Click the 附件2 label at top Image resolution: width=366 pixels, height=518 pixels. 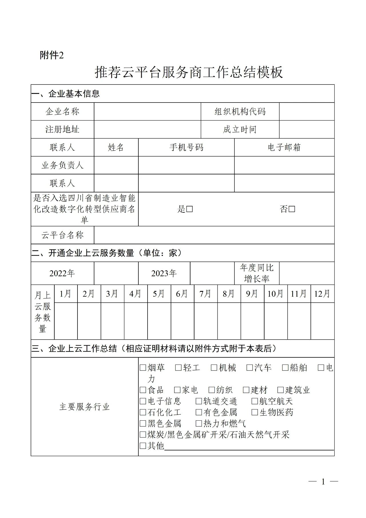(51, 55)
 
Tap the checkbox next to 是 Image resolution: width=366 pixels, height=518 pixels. (189, 209)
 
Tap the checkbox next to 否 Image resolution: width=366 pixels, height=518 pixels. (292, 209)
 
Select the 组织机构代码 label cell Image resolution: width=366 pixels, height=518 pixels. (240, 111)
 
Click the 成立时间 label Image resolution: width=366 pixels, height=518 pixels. (240, 129)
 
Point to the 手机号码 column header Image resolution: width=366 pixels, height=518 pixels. (186, 147)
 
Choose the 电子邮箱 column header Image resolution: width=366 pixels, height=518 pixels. (284, 147)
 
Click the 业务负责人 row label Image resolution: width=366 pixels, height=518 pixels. (62, 165)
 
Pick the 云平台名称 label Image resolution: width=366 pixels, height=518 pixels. (62, 235)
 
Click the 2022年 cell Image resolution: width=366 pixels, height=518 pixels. (62, 273)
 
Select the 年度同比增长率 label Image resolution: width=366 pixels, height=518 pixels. (257, 273)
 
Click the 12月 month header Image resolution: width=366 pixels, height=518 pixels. (322, 294)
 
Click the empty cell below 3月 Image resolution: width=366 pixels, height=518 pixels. (112, 321)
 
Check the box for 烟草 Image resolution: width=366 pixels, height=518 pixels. (143, 368)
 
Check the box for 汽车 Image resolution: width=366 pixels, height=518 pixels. (250, 368)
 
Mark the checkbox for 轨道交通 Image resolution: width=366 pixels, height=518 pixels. (199, 401)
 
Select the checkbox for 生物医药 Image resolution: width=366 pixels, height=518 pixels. (254, 412)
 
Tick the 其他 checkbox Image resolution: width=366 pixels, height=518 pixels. (143, 446)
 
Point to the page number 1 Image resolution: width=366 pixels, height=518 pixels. (323, 482)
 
